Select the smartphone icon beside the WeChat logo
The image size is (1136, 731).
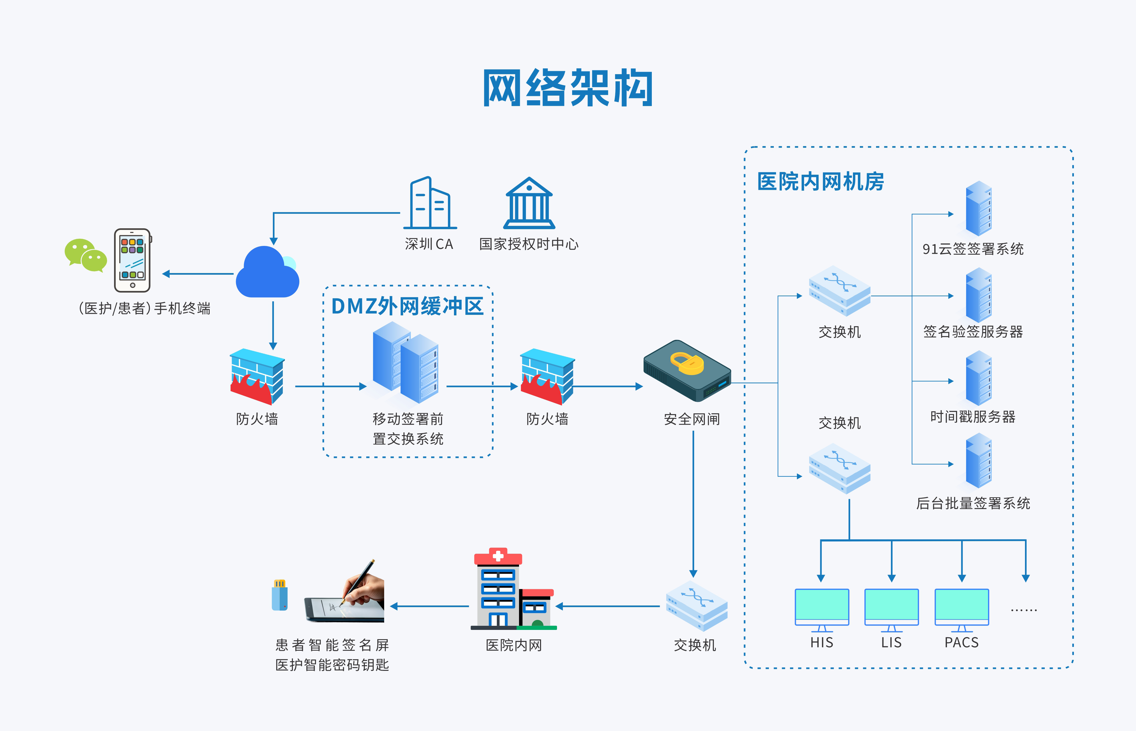[132, 260]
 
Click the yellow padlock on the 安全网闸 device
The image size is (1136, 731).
[686, 363]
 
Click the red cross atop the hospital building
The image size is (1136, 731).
[498, 555]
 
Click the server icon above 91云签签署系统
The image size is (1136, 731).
[978, 209]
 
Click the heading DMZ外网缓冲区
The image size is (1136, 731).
[407, 306]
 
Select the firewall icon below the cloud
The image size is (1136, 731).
[257, 376]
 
